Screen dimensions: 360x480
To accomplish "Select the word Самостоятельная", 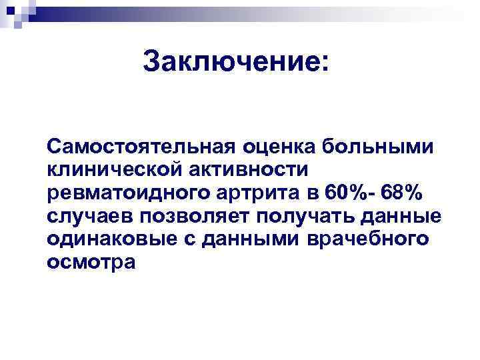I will click(x=132, y=145).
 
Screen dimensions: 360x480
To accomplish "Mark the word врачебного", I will click(x=365, y=239).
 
